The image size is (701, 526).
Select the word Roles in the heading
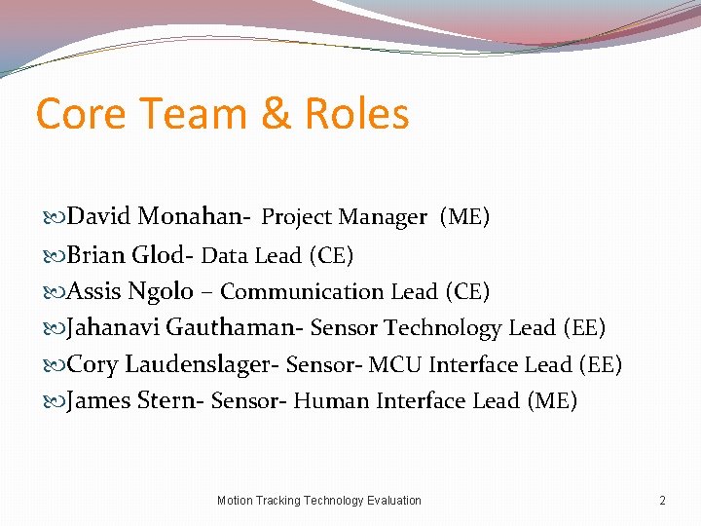pos(356,115)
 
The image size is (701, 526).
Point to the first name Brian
pos(95,255)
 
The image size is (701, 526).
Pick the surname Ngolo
pos(161,291)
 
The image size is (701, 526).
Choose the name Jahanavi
pos(114,328)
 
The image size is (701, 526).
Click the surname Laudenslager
pos(200,364)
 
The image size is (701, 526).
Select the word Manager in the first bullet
pos(385,217)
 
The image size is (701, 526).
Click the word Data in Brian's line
pos(225,256)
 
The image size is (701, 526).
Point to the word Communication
pos(303,292)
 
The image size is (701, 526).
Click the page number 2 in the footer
pos(662,501)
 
